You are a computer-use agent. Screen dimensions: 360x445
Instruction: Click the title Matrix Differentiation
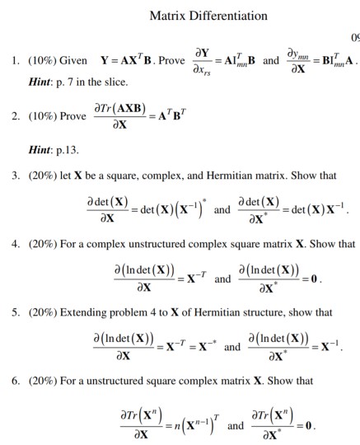coord(208,16)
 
